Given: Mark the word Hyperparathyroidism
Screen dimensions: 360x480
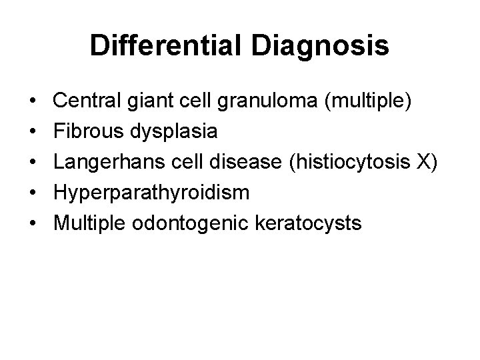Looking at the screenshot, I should (x=151, y=193).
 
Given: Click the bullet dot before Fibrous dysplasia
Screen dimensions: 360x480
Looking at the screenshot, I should (x=33, y=131).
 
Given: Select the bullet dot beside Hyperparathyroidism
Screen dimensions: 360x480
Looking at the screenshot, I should (x=33, y=193).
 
